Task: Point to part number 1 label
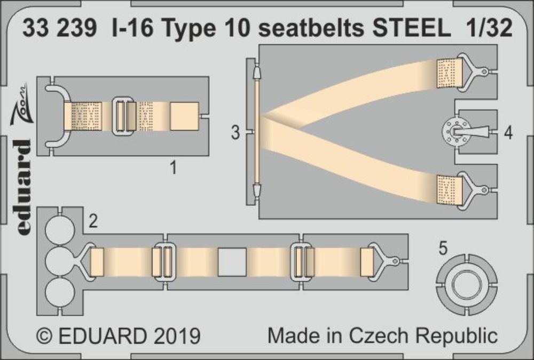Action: point(172,169)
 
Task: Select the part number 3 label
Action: point(235,134)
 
